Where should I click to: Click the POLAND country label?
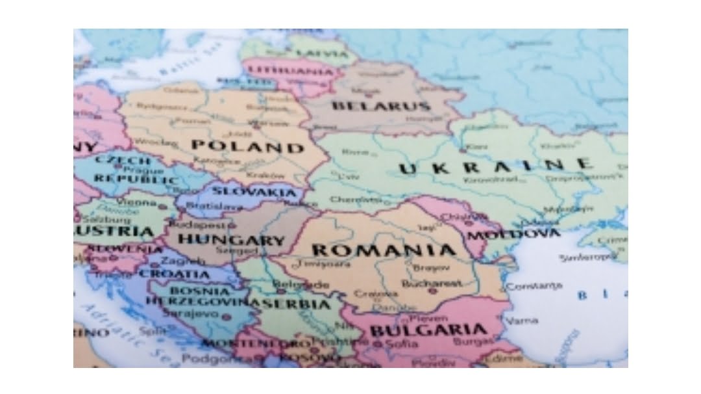[247, 146]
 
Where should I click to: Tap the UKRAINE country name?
[495, 166]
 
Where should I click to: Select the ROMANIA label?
[384, 250]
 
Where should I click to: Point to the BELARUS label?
[380, 106]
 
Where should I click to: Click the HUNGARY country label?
[232, 240]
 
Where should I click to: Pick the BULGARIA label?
[428, 330]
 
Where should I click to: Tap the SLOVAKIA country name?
[254, 191]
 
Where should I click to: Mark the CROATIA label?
[175, 274]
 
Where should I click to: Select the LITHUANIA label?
[290, 70]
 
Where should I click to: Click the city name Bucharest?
[432, 283]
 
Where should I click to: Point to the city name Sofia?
[402, 344]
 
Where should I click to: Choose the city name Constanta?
[534, 285]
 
